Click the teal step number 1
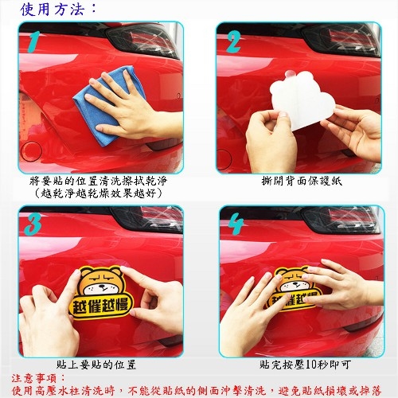click(x=33, y=42)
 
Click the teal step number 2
click(x=233, y=41)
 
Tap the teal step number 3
click(x=33, y=224)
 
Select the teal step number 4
click(x=236, y=225)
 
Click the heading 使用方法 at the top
click(x=58, y=9)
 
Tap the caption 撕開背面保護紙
click(x=302, y=181)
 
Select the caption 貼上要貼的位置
click(x=96, y=365)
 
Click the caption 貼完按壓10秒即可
click(x=305, y=365)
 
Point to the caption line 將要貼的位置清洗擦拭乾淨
click(x=98, y=181)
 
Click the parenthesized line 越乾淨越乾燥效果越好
click(x=98, y=193)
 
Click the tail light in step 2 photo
click(x=342, y=40)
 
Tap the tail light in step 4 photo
click(x=342, y=220)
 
